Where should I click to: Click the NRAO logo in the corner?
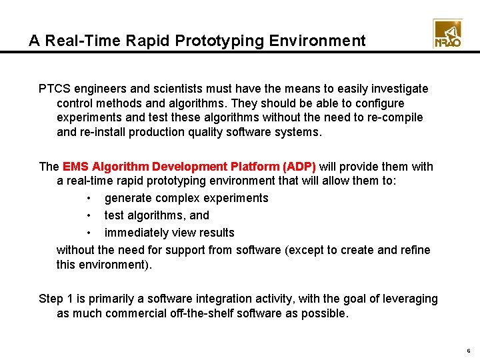click(x=447, y=34)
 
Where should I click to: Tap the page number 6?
click(x=469, y=351)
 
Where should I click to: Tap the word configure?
click(x=380, y=103)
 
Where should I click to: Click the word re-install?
click(x=104, y=132)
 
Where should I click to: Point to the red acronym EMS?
click(x=75, y=167)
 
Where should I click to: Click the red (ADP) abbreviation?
click(x=299, y=167)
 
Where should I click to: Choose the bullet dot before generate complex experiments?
click(x=89, y=199)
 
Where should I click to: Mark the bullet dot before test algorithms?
click(x=89, y=216)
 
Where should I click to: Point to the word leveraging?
click(x=409, y=299)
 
